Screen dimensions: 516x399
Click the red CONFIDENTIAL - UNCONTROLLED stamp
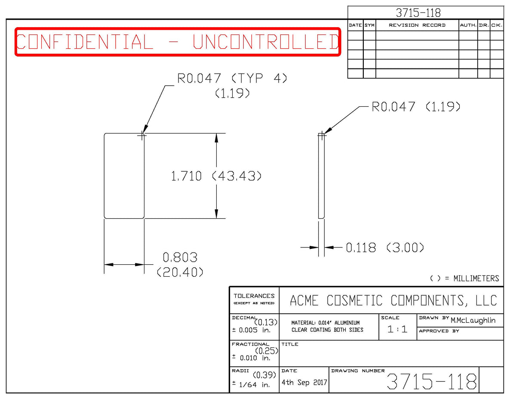[x=178, y=42]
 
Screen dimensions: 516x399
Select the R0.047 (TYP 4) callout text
[x=232, y=78]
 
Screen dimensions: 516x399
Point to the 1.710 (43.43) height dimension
[x=216, y=176]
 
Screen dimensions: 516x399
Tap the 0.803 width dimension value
[x=180, y=257]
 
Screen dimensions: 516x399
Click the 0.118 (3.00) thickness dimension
[x=385, y=247]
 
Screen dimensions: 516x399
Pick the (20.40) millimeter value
[x=180, y=272]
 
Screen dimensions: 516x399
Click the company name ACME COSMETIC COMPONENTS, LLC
[x=393, y=300]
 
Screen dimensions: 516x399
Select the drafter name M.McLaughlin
[x=473, y=320]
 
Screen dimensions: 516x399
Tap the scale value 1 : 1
[x=397, y=329]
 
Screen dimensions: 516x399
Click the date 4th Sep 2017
[x=304, y=382]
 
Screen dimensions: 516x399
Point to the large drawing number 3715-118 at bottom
[x=431, y=381]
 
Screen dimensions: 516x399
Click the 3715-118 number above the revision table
[x=418, y=13]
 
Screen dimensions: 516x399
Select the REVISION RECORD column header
[x=417, y=25]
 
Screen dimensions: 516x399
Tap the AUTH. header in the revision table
[x=468, y=25]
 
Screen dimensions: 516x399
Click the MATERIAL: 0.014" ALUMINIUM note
[x=326, y=323]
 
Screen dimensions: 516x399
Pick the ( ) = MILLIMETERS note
[x=464, y=278]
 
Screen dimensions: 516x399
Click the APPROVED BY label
[x=439, y=331]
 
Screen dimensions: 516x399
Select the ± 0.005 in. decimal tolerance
[x=251, y=330]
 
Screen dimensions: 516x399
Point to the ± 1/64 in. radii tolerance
[x=251, y=385]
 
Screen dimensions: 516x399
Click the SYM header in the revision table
[x=369, y=25]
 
